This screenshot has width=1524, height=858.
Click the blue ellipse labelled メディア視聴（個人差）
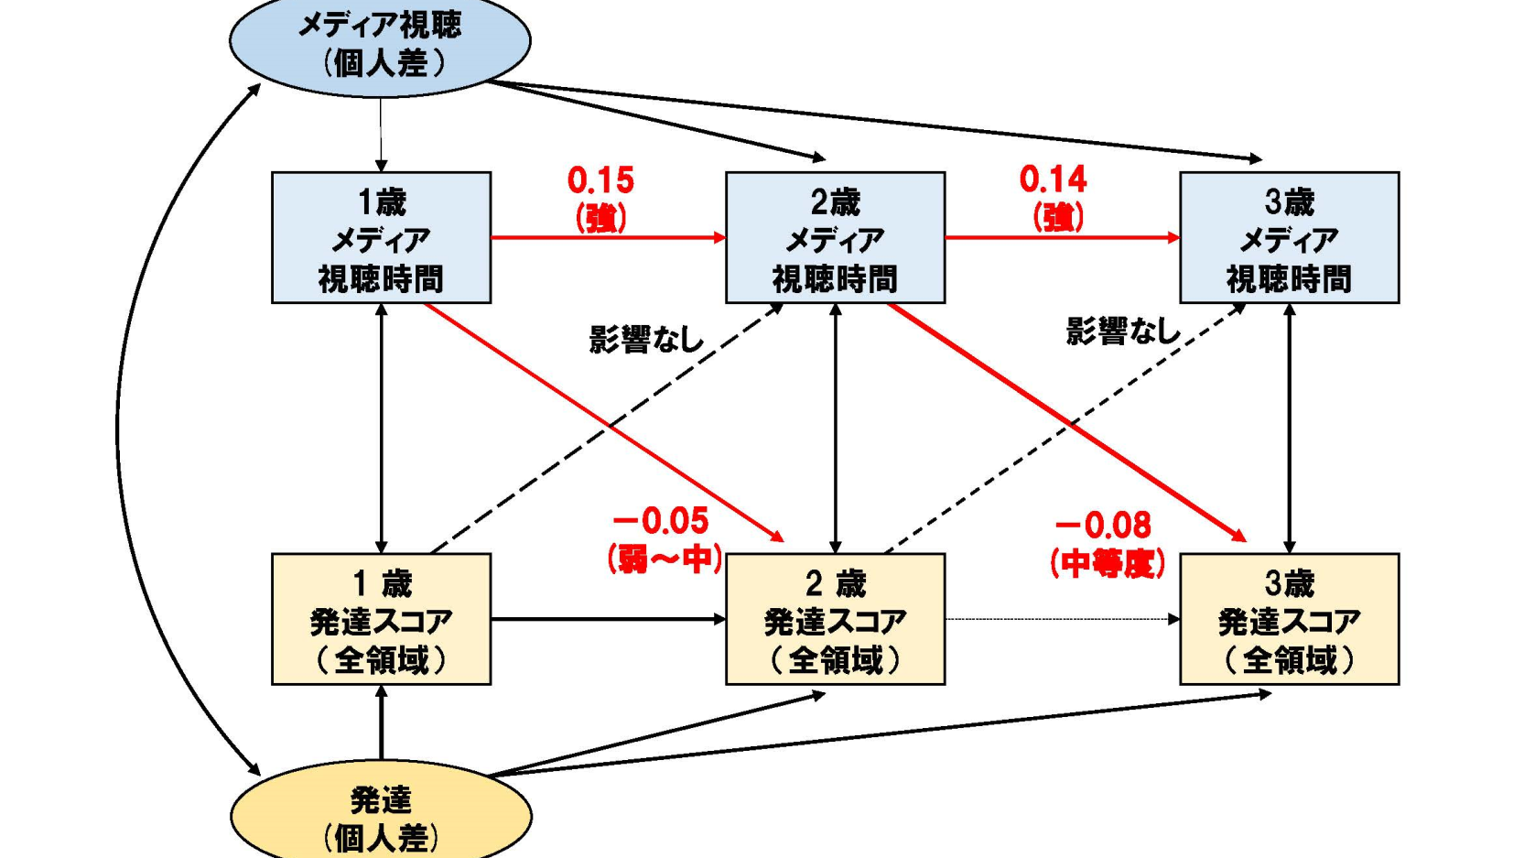coord(380,43)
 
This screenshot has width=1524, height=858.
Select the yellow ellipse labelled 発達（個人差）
coord(381,815)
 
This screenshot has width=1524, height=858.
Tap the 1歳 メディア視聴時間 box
coord(381,238)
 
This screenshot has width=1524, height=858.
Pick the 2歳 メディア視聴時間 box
coord(835,238)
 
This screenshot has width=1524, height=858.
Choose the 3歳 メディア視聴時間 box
coord(1289,238)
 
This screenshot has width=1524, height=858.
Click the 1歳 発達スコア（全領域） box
coord(381,619)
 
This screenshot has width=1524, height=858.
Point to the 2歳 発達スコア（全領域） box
coord(835,619)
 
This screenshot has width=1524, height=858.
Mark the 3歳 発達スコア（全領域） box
coord(1289,619)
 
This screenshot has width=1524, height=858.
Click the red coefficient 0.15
coord(600,180)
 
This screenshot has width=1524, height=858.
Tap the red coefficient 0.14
coord(1054,179)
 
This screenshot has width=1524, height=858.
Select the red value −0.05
coord(661,521)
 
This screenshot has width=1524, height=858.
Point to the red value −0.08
coord(1104,526)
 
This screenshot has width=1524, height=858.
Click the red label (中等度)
coord(1108,563)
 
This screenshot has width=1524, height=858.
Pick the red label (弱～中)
coord(665,559)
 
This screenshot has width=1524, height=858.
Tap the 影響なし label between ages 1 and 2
coord(646,340)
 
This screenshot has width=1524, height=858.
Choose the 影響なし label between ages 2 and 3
coord(1123,331)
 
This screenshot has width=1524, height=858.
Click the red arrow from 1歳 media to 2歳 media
coord(608,238)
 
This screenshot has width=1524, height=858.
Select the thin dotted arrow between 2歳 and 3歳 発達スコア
coord(1062,619)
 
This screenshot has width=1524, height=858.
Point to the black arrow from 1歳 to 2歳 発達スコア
coord(608,619)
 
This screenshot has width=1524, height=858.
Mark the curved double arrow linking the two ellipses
coord(119,430)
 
